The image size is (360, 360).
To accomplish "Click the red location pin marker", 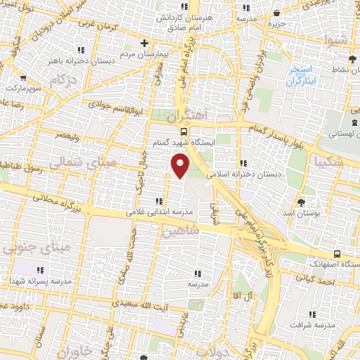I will tap(181, 166).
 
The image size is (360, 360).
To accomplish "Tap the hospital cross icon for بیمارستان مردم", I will tap(145, 41).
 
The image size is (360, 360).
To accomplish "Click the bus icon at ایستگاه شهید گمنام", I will tap(183, 131).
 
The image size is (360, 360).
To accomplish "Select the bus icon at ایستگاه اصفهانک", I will tap(337, 253).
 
